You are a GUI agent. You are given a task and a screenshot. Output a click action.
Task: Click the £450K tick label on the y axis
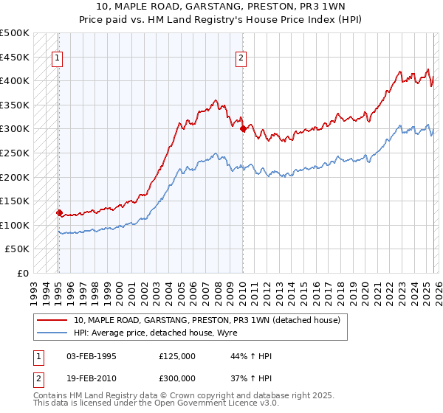tap(15, 57)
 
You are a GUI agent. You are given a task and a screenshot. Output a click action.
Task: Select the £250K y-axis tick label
tap(15, 153)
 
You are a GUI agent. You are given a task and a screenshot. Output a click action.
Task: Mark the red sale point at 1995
tap(59, 212)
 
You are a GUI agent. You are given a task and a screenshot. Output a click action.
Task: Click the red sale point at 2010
tap(242, 128)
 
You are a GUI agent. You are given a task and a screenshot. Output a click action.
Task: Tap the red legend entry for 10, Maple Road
tap(207, 321)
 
